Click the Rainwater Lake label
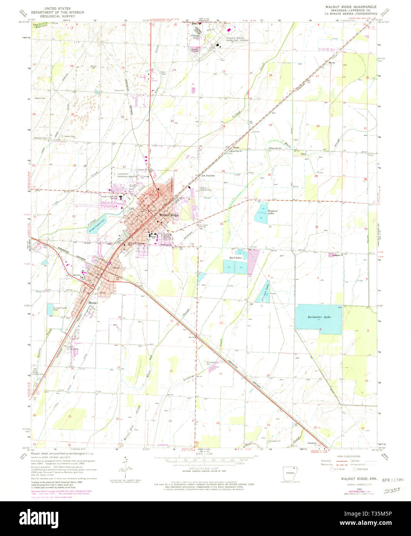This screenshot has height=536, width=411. click(319, 317)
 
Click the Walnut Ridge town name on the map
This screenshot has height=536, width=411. click(167, 215)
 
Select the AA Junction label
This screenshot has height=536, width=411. click(208, 175)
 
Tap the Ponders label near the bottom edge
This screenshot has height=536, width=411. click(312, 443)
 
